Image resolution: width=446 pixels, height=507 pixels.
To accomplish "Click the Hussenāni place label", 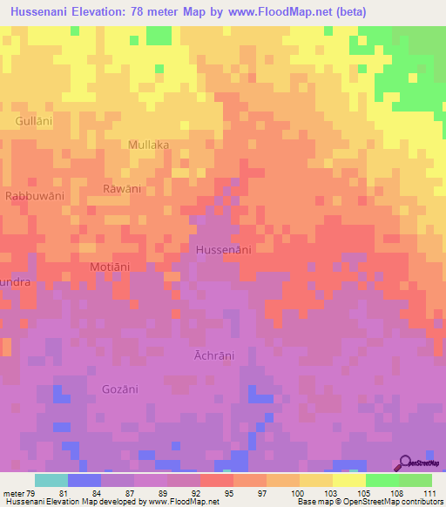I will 224,250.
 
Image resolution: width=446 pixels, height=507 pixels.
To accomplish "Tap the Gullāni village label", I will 34,122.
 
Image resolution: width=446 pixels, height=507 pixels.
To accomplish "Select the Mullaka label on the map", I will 148,145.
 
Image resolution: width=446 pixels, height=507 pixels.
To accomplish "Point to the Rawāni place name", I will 122,189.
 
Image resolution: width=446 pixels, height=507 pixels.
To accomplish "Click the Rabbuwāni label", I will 35,197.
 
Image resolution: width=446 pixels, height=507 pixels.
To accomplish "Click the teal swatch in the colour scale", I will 51,480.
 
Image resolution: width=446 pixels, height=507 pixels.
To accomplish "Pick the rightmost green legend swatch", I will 416,480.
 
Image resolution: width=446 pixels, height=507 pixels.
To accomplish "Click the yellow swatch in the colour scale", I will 349,480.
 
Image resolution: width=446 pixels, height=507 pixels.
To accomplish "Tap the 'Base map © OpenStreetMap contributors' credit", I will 369,502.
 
